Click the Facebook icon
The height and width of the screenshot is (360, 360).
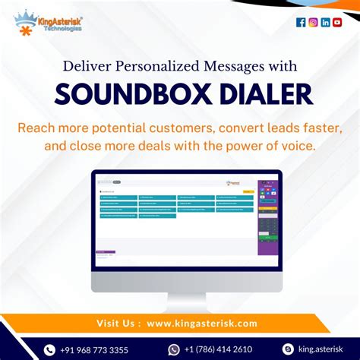301,22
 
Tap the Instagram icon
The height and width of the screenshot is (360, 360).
313,22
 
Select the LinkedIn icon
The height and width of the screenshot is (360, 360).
325,22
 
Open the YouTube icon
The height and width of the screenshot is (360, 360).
337,22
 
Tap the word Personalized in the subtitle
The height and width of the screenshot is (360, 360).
163,67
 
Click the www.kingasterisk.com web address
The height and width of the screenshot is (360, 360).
202,324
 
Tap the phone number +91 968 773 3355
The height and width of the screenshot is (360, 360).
95,349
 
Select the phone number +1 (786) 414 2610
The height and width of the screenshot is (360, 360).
219,349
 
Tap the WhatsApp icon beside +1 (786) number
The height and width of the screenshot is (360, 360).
174,349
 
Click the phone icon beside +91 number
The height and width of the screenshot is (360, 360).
50,349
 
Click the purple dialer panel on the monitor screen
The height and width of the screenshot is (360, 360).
267,216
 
